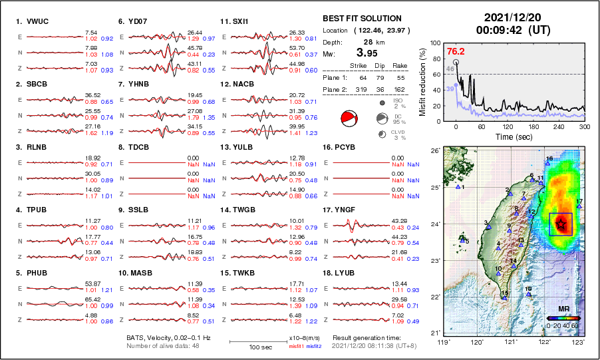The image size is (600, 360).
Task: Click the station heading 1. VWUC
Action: pos(32,21)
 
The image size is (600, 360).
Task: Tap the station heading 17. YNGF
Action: pos(339,210)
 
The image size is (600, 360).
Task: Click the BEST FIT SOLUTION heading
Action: pos(362,19)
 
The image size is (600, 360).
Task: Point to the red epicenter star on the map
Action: pos(561,224)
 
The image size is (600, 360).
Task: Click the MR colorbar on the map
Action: pos(563,318)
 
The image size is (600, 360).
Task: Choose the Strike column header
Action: pos(358,66)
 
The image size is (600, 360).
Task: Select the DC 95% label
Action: pos(399,118)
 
